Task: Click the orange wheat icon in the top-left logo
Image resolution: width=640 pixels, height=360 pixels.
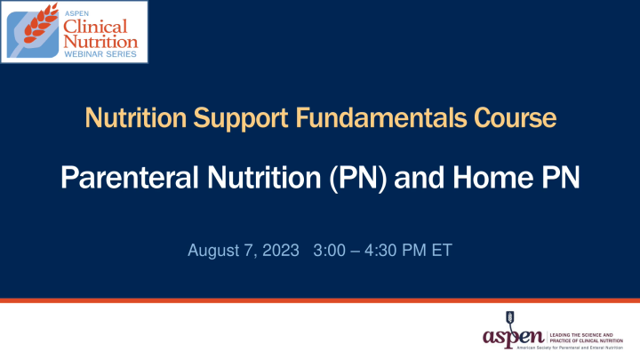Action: click(x=34, y=33)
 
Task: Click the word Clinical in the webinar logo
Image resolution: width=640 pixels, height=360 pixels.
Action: click(x=99, y=26)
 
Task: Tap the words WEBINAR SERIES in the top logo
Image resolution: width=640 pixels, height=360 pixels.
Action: click(x=100, y=54)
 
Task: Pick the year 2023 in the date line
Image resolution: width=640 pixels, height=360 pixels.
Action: click(x=282, y=251)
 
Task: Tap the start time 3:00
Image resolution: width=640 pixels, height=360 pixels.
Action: click(x=332, y=251)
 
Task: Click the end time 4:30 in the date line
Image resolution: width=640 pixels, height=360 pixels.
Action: click(x=381, y=251)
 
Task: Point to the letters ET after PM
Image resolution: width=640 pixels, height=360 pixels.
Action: click(x=442, y=251)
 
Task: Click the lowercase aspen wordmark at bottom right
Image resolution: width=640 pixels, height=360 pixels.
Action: click(x=514, y=337)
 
